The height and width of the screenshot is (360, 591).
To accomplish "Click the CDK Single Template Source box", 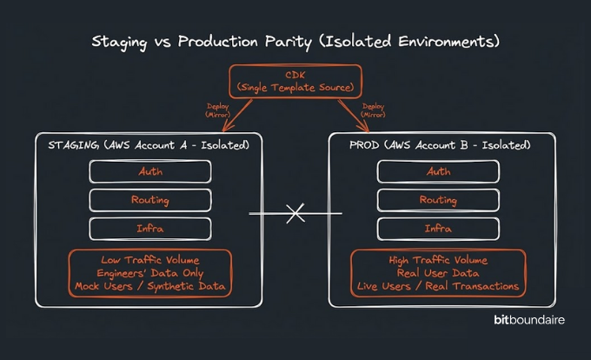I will coord(295,81).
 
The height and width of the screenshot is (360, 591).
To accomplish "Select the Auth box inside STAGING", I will coord(150,171).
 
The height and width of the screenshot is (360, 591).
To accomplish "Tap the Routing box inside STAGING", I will coord(150,200).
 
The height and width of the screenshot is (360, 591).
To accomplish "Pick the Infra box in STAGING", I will coord(150,229).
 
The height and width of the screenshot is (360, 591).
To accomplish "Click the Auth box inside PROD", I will coord(438,171).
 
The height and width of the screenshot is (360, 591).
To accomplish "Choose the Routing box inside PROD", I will coord(438,200).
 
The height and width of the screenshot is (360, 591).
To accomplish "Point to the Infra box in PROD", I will coord(438,229).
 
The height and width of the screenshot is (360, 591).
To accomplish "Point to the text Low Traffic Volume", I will coord(150,260).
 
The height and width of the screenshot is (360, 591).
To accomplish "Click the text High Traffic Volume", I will coord(438,260).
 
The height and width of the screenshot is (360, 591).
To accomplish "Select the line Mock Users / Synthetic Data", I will coord(150,286).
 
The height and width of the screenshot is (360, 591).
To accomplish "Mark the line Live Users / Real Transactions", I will coord(438,286).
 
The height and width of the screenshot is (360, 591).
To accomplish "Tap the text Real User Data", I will coord(438,273).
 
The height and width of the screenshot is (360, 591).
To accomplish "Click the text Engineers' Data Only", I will coord(150,273).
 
